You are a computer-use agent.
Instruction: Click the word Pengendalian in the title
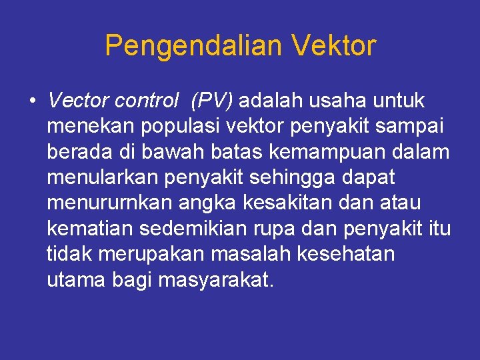193,47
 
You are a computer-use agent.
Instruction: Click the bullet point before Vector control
33,101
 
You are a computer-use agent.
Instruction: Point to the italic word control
147,101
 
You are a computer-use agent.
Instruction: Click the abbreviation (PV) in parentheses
211,101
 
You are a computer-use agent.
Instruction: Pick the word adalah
270,101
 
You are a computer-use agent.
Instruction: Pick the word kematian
90,229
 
